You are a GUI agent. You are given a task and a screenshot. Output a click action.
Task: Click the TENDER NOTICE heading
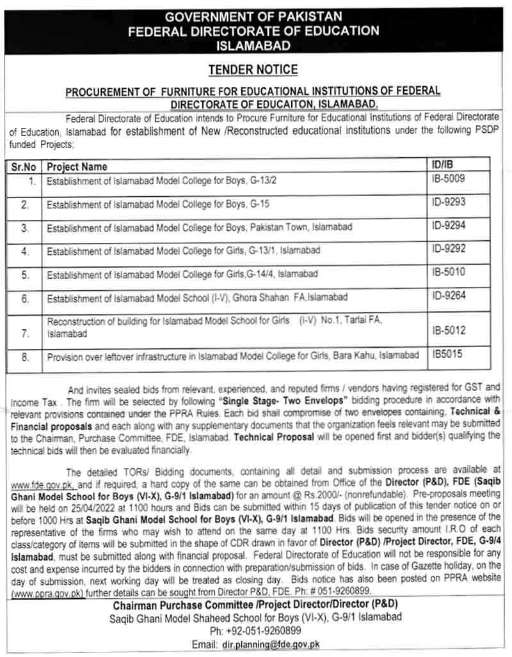(x=253, y=70)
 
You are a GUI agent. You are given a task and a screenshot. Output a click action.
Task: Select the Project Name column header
(x=77, y=167)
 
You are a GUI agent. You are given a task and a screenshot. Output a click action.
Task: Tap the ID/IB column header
(x=444, y=166)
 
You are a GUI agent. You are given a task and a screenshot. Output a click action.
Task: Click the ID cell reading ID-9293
(x=449, y=203)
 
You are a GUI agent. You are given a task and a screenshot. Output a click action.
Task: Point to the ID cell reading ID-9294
(x=449, y=226)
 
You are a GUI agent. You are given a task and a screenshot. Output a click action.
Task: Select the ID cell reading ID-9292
(x=449, y=249)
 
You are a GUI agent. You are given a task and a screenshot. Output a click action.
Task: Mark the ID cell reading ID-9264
(x=449, y=295)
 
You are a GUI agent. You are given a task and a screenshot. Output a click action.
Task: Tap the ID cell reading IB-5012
(x=449, y=331)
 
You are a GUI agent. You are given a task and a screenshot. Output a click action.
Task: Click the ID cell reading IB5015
(x=447, y=354)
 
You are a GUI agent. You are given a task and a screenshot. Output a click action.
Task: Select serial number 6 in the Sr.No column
(x=25, y=298)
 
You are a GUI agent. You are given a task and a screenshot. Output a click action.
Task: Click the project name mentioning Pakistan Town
(x=199, y=228)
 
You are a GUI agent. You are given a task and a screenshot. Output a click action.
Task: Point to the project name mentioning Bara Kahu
(x=233, y=355)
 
